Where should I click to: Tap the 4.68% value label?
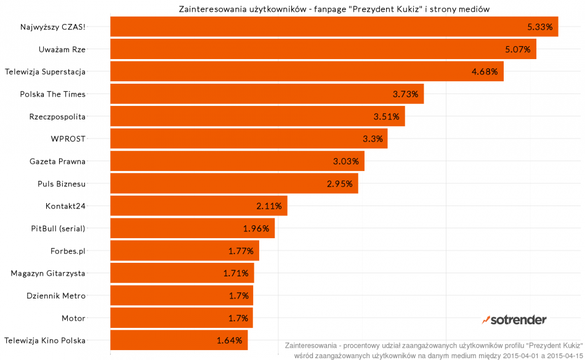point(484,71)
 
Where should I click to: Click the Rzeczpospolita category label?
point(57,116)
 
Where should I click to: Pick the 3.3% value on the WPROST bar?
point(373,138)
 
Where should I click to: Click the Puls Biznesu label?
point(62,183)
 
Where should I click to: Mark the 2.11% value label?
point(268,206)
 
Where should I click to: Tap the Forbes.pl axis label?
point(68,250)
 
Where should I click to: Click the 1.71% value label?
point(236,273)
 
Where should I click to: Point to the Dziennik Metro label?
point(56,295)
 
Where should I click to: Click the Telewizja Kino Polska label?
point(45,340)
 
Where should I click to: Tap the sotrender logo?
point(514,319)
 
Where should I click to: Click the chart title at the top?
point(334,9)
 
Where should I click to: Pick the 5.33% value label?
point(540,27)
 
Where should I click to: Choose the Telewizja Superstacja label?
point(45,71)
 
